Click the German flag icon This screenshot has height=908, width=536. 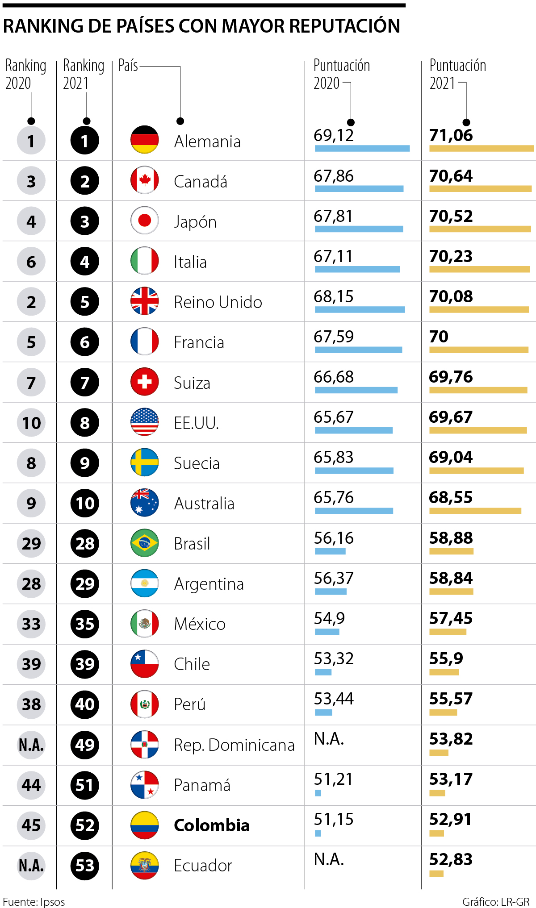(x=144, y=140)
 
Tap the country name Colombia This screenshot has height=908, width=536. (x=211, y=825)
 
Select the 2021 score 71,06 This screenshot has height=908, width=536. (x=451, y=135)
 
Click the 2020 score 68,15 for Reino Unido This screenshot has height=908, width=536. (x=333, y=296)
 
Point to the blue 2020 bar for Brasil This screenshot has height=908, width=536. (x=330, y=551)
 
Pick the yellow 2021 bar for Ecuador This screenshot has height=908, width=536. (x=436, y=874)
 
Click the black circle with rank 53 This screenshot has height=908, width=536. (x=85, y=866)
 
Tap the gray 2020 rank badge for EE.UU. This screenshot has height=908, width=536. (x=31, y=423)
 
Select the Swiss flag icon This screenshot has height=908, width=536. (x=144, y=382)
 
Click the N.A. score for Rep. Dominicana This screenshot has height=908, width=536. (x=329, y=739)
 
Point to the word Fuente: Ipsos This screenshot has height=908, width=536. (x=34, y=902)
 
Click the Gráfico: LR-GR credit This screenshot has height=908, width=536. (x=496, y=902)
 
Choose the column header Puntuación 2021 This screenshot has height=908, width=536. (x=457, y=74)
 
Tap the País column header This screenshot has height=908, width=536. (x=128, y=66)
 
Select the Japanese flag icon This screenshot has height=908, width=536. (x=144, y=221)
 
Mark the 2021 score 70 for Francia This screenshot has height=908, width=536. (x=439, y=337)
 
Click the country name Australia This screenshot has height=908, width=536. (x=204, y=504)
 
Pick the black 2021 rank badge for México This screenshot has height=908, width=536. (x=85, y=624)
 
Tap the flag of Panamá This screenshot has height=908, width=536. (x=144, y=785)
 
